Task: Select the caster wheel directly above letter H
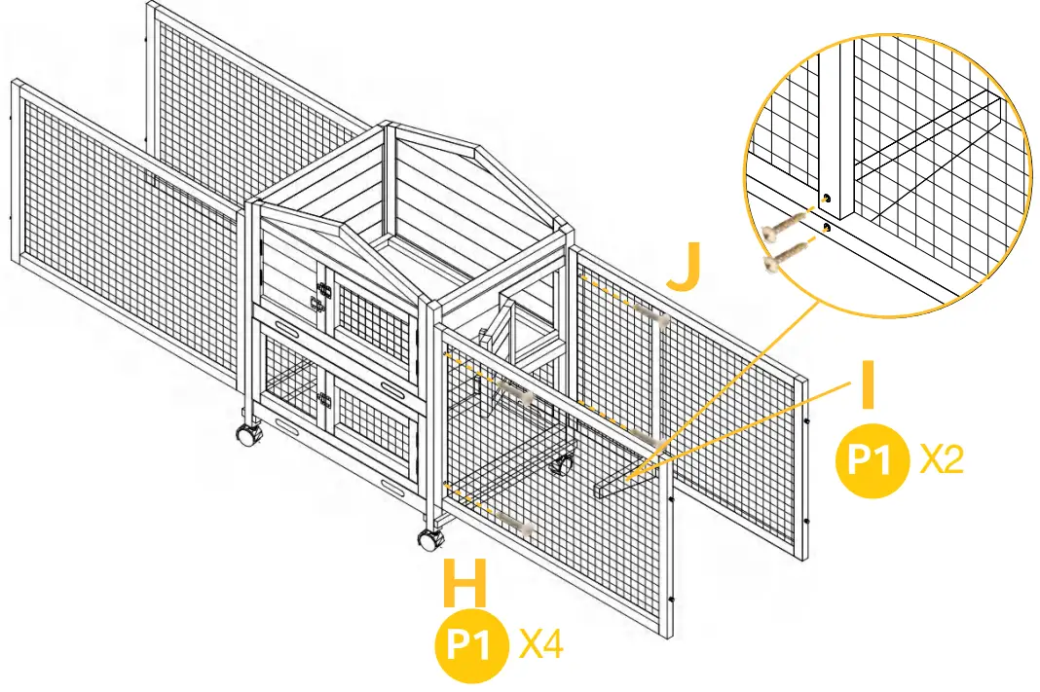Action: pos(430,540)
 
